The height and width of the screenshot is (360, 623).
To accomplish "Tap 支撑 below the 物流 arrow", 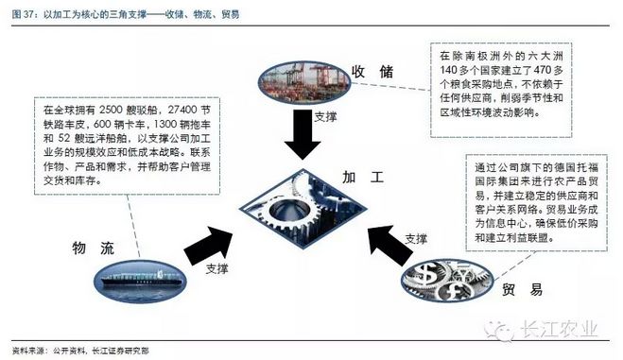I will (218, 268).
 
